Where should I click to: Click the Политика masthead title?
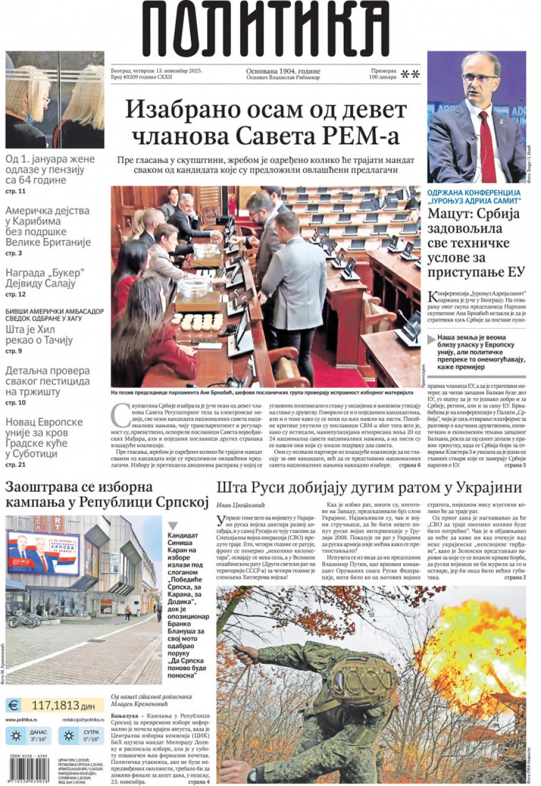266,29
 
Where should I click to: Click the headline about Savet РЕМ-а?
266,122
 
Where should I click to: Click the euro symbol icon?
13,706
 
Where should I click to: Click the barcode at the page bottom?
29,771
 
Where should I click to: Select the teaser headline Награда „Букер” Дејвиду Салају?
45,278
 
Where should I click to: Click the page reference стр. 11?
15,191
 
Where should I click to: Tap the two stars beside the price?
411,74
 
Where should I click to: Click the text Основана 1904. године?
283,71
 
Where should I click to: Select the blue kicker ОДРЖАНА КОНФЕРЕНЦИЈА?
474,193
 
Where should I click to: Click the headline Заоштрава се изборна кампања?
106,495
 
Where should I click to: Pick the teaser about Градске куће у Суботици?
44,438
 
